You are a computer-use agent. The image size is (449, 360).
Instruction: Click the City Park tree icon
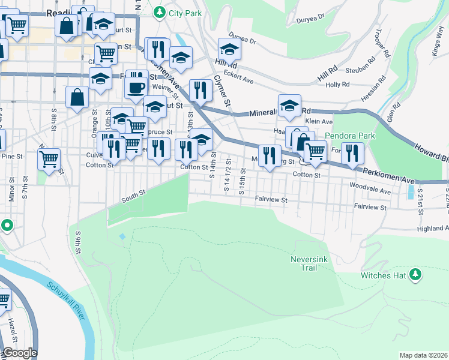[159, 11]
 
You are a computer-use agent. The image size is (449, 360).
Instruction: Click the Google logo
[19, 353]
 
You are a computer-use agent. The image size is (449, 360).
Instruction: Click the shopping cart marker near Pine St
[49, 159]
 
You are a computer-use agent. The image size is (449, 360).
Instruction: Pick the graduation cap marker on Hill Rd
[229, 49]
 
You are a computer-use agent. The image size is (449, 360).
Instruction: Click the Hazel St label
[12, 331]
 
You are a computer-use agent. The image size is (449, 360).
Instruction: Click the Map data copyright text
[423, 355]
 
